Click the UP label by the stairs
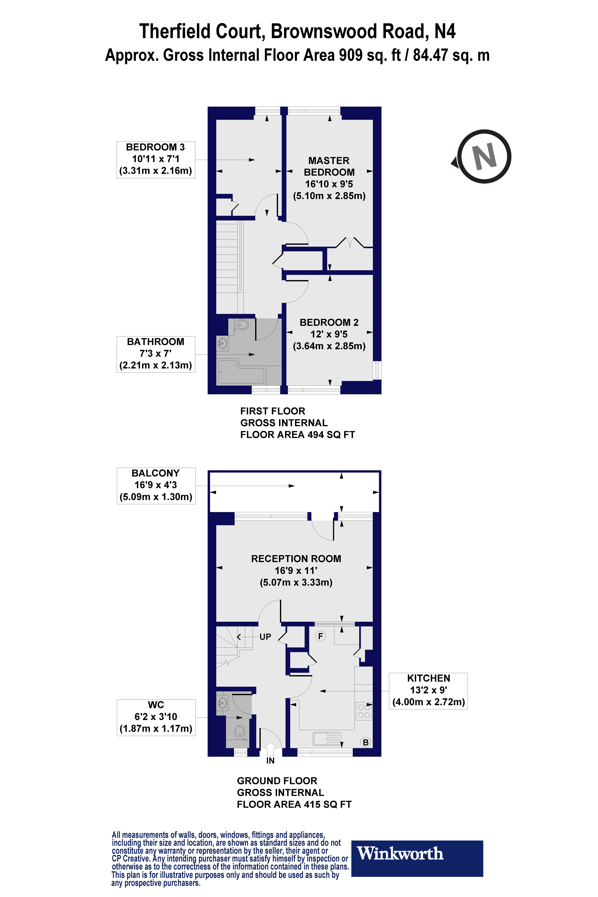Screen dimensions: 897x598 (265, 637)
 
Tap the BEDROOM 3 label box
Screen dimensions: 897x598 (156, 159)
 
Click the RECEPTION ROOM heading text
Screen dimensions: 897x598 (296, 559)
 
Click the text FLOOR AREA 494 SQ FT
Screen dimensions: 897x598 (297, 435)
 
